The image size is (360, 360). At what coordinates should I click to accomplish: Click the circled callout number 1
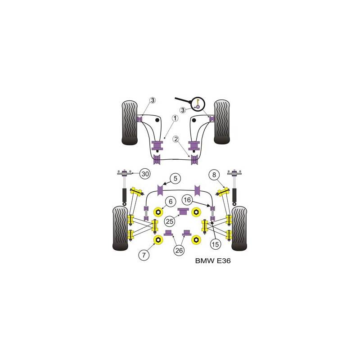pyautogui.click(x=175, y=118)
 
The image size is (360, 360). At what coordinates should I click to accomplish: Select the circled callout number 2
pyautogui.click(x=176, y=139)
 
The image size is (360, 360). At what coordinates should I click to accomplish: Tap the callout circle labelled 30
pyautogui.click(x=145, y=174)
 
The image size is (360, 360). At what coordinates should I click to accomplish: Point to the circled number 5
pyautogui.click(x=175, y=178)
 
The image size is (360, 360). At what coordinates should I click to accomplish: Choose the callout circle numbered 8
pyautogui.click(x=214, y=175)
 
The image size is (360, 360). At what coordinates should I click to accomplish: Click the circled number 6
pyautogui.click(x=171, y=201)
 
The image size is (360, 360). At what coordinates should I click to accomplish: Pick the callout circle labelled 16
pyautogui.click(x=187, y=200)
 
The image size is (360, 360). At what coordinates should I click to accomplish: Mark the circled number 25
pyautogui.click(x=170, y=221)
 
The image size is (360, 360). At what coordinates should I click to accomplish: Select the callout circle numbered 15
pyautogui.click(x=215, y=244)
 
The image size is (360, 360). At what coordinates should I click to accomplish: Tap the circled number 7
pyautogui.click(x=144, y=255)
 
